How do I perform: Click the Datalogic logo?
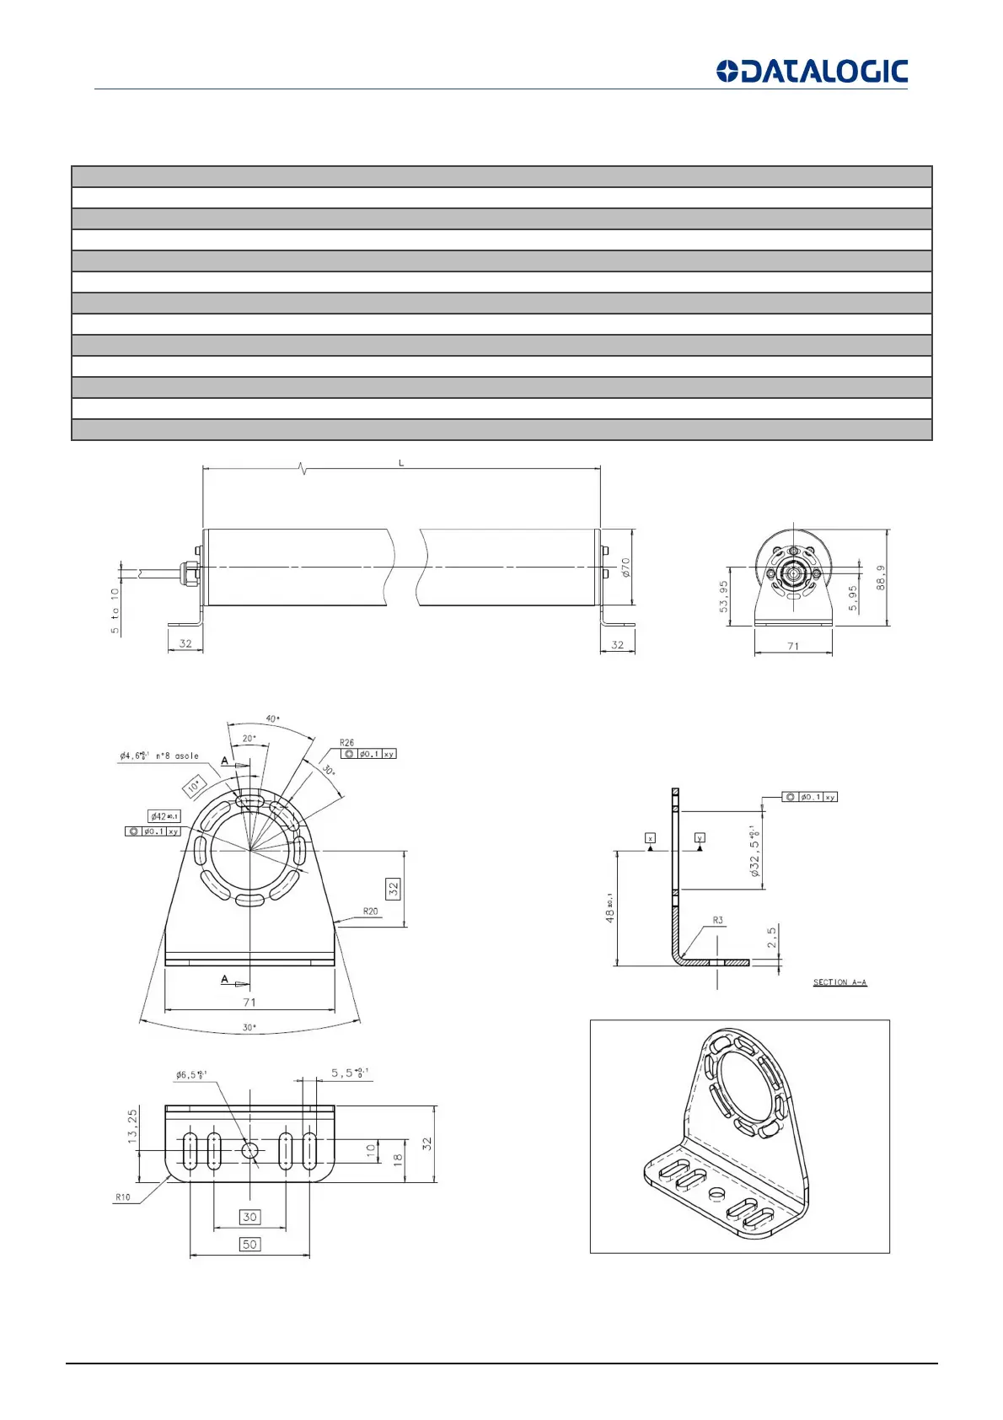click(x=812, y=72)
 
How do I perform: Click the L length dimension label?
click(x=401, y=463)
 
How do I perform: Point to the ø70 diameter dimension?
click(x=626, y=567)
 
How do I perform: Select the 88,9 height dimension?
click(x=881, y=578)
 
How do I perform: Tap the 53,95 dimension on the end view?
click(x=724, y=597)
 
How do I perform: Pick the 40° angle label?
click(x=273, y=718)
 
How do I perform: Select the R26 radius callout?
click(x=347, y=743)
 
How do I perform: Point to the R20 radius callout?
click(x=370, y=911)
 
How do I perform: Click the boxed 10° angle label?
click(x=195, y=786)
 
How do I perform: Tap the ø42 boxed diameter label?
click(x=164, y=816)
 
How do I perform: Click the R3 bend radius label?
click(x=717, y=920)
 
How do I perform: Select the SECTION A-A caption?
click(x=839, y=982)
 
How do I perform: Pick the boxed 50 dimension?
click(x=249, y=1244)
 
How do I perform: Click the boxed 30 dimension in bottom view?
click(x=249, y=1217)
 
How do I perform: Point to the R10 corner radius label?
click(x=123, y=1197)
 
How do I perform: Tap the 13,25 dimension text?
click(x=132, y=1126)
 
